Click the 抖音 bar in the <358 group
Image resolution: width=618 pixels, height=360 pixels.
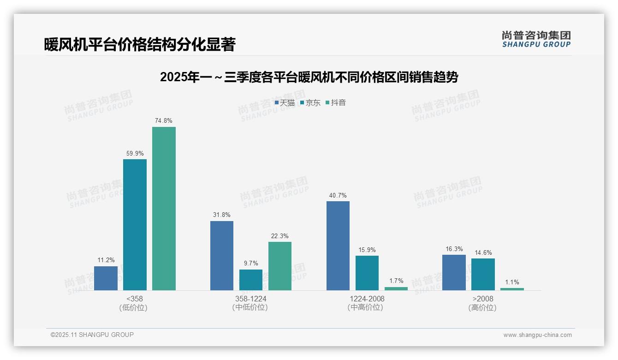click(x=164, y=209)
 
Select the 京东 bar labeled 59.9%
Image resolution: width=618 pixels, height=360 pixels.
click(x=135, y=225)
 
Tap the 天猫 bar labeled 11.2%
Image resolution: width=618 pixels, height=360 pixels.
click(x=106, y=278)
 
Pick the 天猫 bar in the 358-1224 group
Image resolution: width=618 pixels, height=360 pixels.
click(x=222, y=256)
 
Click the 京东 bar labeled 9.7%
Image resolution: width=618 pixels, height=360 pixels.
click(x=251, y=280)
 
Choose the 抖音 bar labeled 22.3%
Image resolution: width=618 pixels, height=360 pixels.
click(x=280, y=266)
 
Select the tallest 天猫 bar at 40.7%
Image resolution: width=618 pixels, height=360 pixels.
click(x=338, y=246)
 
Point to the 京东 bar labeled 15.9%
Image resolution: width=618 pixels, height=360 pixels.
click(x=367, y=273)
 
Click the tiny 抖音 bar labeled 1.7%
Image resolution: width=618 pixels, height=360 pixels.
click(x=396, y=288)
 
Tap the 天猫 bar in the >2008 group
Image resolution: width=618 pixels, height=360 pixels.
click(x=454, y=272)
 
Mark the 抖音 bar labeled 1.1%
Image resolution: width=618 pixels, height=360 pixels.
click(x=512, y=289)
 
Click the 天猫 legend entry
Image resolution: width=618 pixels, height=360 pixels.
click(x=285, y=103)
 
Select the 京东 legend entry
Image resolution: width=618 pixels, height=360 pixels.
click(x=310, y=103)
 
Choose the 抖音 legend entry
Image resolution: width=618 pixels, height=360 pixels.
click(x=336, y=103)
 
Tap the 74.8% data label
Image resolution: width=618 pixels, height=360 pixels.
click(x=164, y=121)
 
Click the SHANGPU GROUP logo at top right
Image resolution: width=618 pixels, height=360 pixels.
click(x=536, y=39)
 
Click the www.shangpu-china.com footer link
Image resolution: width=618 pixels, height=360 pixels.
click(x=537, y=335)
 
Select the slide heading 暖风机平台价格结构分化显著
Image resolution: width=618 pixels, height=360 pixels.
click(x=140, y=45)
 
